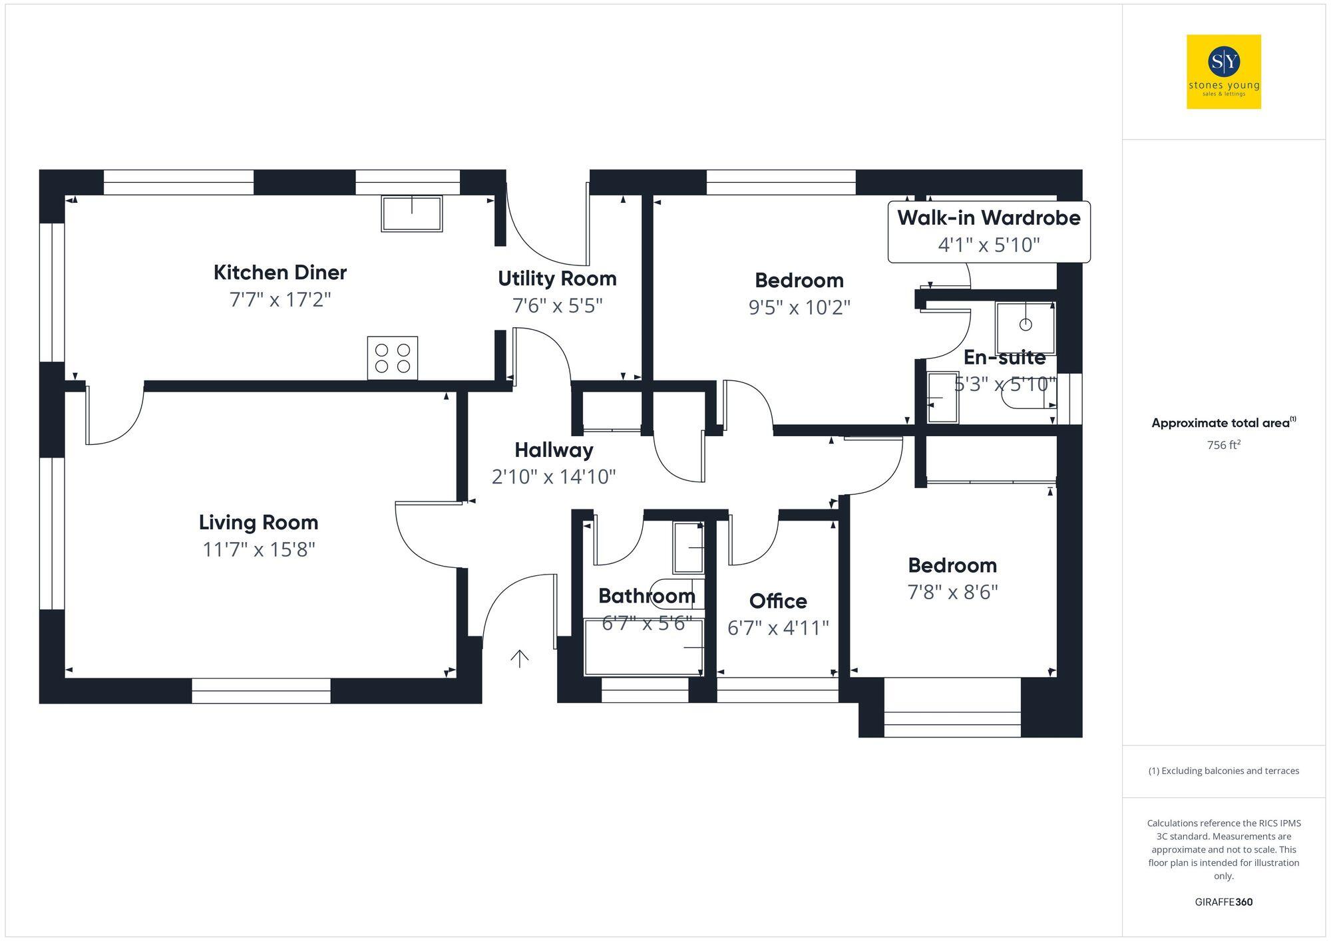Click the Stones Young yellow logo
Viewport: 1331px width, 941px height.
[1223, 72]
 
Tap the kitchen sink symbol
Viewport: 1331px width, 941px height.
[411, 213]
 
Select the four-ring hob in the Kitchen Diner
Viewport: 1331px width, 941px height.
[393, 358]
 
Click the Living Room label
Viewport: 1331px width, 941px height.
[258, 523]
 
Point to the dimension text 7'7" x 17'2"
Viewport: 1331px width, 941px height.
[280, 300]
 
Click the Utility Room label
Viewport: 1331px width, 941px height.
[557, 279]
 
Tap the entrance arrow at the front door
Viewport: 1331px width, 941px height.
[519, 658]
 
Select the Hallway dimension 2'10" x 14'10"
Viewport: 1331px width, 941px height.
[554, 477]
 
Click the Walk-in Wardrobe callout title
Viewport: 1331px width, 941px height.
[988, 218]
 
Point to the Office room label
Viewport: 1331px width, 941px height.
[778, 601]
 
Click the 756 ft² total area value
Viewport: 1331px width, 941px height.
[1223, 445]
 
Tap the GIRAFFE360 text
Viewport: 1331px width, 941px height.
[1223, 902]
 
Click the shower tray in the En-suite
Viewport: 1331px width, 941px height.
[1025, 328]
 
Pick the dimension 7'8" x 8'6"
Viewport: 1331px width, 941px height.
[952, 592]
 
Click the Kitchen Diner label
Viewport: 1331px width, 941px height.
[280, 273]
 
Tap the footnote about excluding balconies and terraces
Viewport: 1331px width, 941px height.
[1223, 771]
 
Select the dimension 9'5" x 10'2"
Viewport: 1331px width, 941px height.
[799, 307]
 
